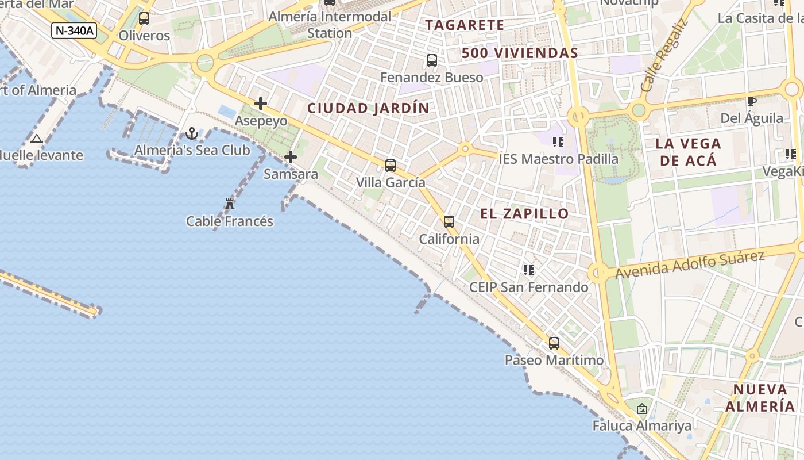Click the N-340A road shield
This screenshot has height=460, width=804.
pos(74,30)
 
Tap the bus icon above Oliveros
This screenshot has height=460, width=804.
pos(144,18)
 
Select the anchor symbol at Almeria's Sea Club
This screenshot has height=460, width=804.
pos(192,134)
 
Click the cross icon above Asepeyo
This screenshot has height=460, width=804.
pos(261,103)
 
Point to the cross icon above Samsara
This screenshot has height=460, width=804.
pos(291,156)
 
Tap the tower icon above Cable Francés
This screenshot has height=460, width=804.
pos(230,204)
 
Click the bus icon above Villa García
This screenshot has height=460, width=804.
pos(391,166)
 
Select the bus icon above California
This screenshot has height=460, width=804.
pos(449,222)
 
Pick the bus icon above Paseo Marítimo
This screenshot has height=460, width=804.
pos(554,343)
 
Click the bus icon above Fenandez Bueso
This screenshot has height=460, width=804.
pos(432,60)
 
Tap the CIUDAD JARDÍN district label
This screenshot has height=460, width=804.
pos(368,108)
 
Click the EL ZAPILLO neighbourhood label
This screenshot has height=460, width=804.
pos(524,214)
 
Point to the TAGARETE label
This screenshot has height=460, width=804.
pos(465,25)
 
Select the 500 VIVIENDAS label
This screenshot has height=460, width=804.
pos(520,53)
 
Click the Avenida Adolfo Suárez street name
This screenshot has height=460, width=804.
pos(690,264)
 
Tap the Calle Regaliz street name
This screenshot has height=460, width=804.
pos(664,56)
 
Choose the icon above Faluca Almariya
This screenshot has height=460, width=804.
pos(642,409)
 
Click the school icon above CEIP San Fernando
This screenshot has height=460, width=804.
pos(529,270)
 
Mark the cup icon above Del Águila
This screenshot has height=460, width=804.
pos(751,102)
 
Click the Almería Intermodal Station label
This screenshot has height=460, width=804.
pos(330,25)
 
